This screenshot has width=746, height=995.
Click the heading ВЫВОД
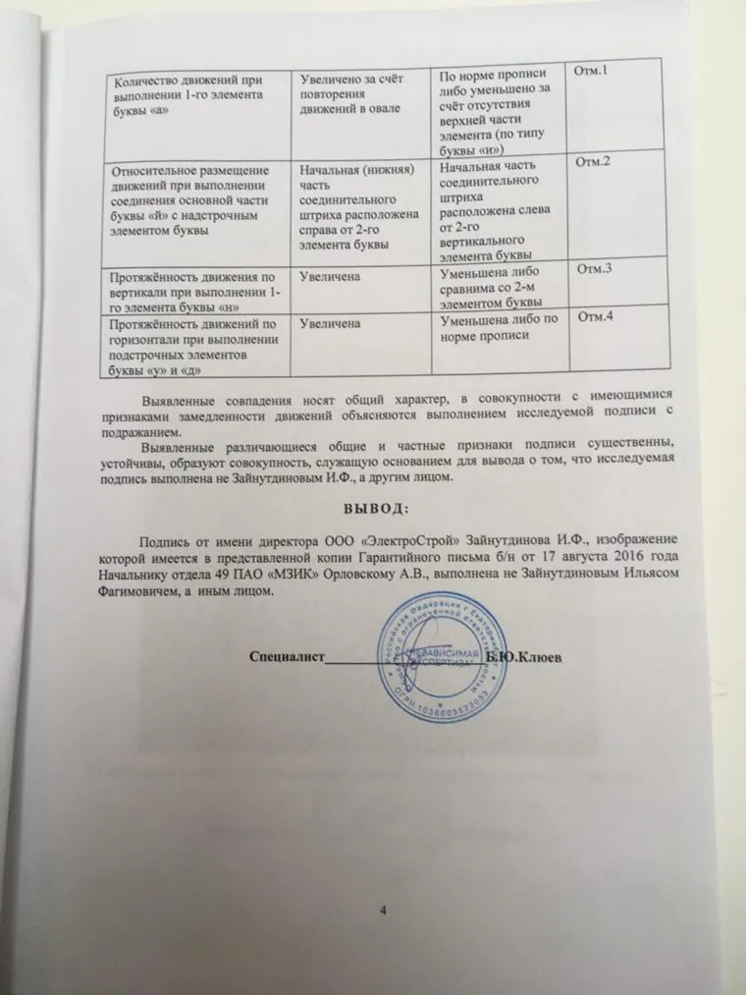(374, 507)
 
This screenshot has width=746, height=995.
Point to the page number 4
(384, 909)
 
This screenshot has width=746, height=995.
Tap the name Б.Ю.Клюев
(524, 656)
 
